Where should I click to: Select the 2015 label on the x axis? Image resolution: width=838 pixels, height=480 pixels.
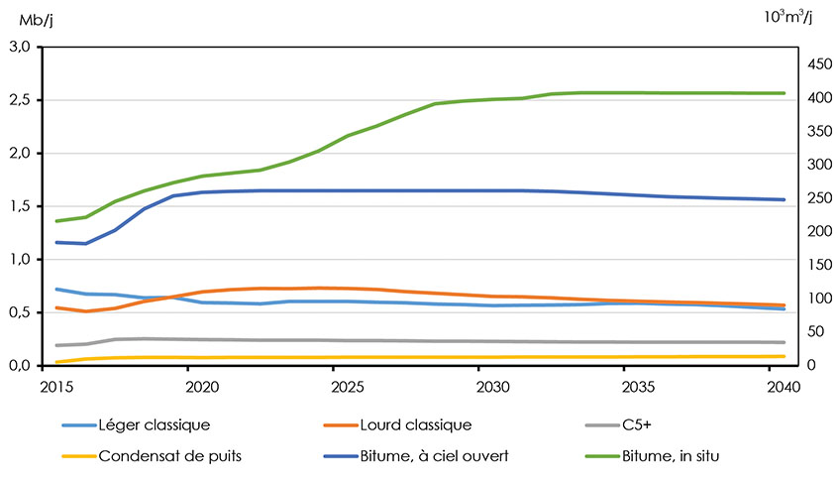(x=56, y=385)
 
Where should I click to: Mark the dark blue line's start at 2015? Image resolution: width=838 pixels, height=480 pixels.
(x=56, y=242)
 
